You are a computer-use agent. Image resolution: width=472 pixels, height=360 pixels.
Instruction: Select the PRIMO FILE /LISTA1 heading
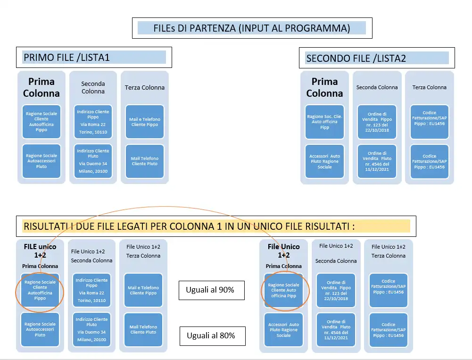(x=66, y=58)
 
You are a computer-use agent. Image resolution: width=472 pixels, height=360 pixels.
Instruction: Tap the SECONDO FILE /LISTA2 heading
(x=356, y=59)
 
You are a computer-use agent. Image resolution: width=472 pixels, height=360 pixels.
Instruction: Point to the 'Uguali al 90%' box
(x=212, y=290)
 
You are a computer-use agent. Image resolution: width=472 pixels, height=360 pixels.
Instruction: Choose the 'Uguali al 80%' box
(x=212, y=336)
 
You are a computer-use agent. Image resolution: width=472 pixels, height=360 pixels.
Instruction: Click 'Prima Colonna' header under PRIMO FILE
(x=41, y=87)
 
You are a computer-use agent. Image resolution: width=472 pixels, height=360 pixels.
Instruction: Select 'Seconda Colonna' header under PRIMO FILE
(x=93, y=87)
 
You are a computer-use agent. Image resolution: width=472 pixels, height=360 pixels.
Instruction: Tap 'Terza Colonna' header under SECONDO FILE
(x=429, y=87)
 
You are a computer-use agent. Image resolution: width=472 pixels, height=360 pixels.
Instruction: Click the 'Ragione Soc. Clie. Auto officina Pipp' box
(x=324, y=122)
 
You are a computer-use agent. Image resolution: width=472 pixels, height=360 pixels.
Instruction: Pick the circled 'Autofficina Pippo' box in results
(x=40, y=290)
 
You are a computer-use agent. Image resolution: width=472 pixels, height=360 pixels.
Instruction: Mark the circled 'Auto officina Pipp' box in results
(x=283, y=290)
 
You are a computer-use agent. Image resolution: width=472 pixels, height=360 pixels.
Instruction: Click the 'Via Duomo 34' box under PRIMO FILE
(x=93, y=161)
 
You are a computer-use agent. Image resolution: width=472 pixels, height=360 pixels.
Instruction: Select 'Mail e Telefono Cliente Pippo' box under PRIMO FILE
(x=145, y=122)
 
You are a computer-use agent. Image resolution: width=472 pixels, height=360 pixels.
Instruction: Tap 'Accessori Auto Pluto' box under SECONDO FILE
(x=324, y=161)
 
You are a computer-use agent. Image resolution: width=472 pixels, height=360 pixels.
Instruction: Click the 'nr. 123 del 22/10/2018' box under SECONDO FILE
(x=377, y=122)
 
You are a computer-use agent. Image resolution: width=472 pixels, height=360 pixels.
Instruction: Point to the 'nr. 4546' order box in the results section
(x=336, y=329)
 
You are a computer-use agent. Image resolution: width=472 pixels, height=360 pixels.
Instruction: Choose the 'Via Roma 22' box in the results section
(x=92, y=290)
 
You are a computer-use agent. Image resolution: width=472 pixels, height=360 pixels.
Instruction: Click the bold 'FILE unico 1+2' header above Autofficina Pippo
(x=40, y=250)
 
